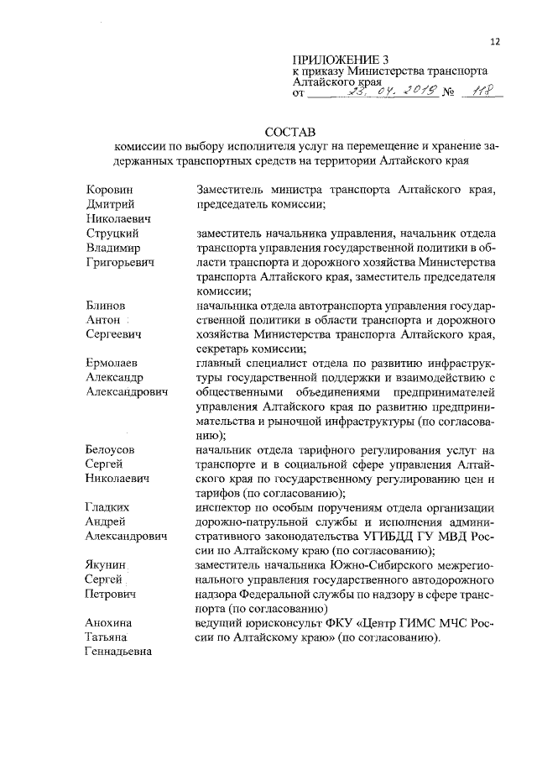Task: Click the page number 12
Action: pos(494,42)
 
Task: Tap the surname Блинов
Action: pos(107,305)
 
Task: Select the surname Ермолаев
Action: pos(114,362)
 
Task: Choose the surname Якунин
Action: pos(109,565)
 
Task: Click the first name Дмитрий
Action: pos(112,204)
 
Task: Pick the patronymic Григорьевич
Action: pos(120,263)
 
